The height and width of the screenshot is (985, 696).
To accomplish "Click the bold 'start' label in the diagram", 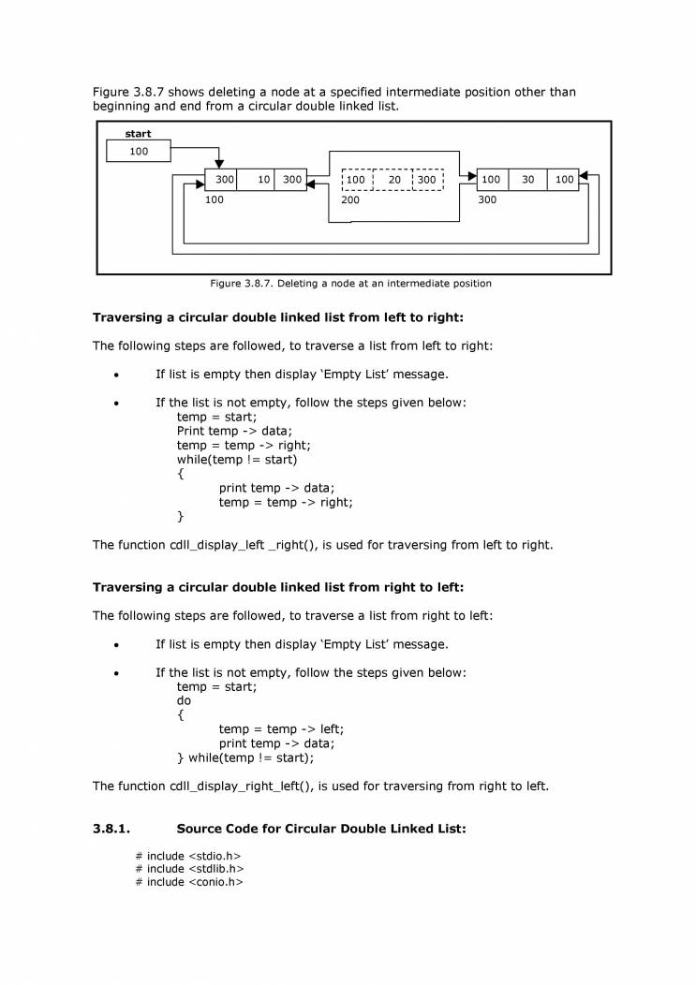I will [138, 134].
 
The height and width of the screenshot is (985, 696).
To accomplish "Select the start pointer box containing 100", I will [139, 152].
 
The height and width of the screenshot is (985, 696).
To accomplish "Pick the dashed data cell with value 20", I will [393, 179].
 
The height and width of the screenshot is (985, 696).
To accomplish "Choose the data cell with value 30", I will [527, 179].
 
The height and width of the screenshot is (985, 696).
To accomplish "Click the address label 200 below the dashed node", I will [350, 199].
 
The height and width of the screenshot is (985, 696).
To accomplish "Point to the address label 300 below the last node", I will [487, 199].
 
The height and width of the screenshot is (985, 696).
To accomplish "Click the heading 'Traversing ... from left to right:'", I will [278, 317].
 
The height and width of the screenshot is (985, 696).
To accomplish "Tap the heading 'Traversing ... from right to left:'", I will [278, 587].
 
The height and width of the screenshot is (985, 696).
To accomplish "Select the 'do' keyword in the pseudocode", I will [184, 700].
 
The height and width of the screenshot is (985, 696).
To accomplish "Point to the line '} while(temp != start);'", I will [245, 757].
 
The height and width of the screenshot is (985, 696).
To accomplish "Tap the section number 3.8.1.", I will [111, 829].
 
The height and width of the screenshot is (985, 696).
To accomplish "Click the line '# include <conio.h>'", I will [189, 882].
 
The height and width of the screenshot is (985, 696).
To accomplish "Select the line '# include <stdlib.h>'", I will [189, 869].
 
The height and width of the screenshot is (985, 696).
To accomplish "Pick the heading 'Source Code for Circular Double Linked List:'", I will [320, 829].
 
